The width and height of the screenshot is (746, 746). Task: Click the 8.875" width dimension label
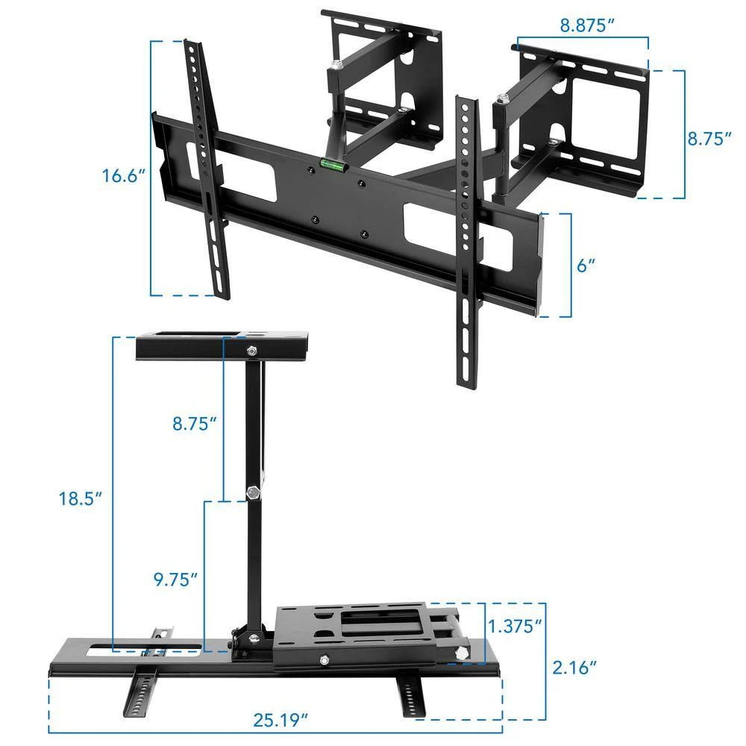(587, 25)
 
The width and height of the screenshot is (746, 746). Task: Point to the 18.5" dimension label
(80, 498)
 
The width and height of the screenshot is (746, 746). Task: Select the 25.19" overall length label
(280, 720)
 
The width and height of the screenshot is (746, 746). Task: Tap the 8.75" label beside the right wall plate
(709, 138)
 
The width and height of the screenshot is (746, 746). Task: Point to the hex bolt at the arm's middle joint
(252, 492)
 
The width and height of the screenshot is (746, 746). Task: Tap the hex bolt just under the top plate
(251, 350)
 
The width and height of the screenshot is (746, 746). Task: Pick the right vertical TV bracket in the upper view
(468, 239)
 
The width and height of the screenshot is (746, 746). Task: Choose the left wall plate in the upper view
(380, 75)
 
